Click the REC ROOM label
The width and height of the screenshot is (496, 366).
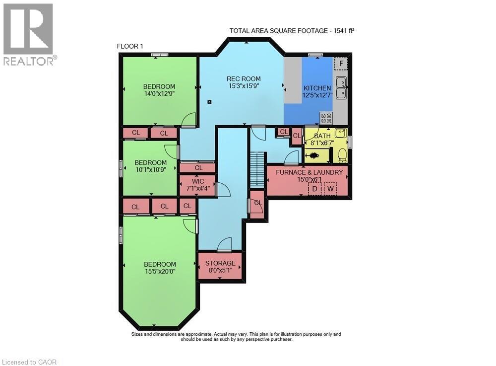[244, 78]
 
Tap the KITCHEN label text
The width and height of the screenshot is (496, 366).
[317, 88]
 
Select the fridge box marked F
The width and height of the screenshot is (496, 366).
[341, 64]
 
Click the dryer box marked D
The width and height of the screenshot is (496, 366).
[314, 189]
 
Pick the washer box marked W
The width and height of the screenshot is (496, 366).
[330, 189]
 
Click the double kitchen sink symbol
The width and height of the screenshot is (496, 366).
[341, 88]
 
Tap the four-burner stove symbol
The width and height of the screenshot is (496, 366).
[326, 118]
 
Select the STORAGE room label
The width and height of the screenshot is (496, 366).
[220, 263]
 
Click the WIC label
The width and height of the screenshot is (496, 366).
[198, 181]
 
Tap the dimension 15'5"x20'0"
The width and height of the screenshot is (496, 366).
[160, 272]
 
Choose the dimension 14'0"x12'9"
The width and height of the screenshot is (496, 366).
[159, 93]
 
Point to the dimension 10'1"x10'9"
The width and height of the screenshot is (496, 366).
[150, 169]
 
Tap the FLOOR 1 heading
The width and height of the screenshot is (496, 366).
[130, 46]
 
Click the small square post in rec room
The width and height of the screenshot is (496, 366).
[210, 102]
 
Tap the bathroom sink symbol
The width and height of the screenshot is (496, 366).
[339, 133]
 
